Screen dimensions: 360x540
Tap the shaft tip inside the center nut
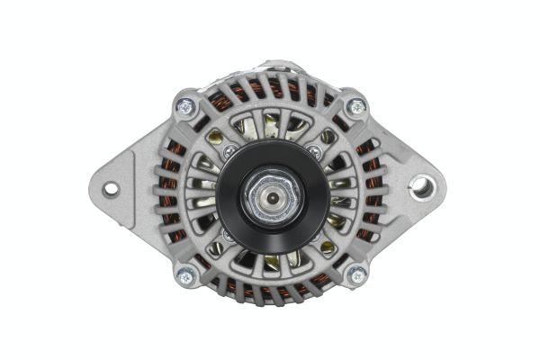271,194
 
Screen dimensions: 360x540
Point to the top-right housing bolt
356,106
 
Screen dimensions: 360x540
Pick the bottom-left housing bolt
187,276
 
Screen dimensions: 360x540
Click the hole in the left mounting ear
111,189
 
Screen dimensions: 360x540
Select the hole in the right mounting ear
419,187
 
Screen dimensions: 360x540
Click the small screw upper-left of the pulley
230,149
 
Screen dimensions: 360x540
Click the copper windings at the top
270,90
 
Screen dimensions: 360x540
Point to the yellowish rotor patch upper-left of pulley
216,137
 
